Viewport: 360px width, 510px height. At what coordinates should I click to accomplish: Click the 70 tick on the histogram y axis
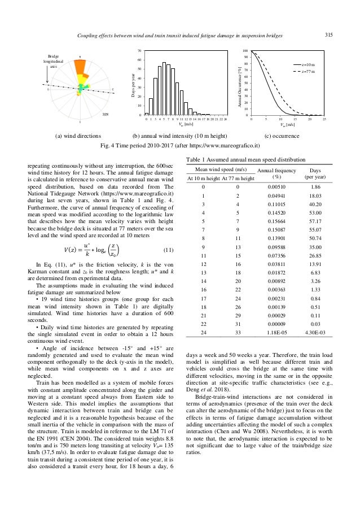tap(139, 51)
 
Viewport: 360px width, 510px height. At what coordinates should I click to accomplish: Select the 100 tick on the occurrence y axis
tap(245, 51)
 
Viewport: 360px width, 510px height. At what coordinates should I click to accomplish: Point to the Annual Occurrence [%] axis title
tap(238, 83)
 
